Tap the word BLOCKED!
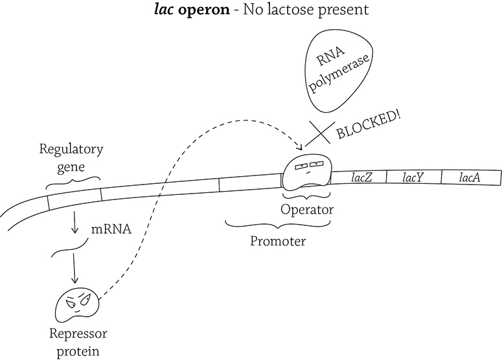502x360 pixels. [x=369, y=125]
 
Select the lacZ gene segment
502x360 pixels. [x=359, y=177]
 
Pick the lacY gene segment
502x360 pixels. [x=414, y=177]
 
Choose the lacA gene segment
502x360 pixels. [x=471, y=177]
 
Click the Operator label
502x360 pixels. [x=307, y=210]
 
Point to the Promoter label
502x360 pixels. [x=278, y=241]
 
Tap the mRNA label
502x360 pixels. [x=111, y=229]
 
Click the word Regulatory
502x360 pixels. [x=71, y=150]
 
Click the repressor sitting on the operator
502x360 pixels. [x=307, y=172]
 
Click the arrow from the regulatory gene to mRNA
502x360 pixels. [x=74, y=221]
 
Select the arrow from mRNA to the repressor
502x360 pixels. [x=74, y=268]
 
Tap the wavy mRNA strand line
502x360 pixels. [x=70, y=248]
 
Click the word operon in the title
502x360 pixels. [x=203, y=10]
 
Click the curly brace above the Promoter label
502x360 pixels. [x=278, y=224]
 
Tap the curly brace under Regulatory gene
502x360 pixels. [x=73, y=183]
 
